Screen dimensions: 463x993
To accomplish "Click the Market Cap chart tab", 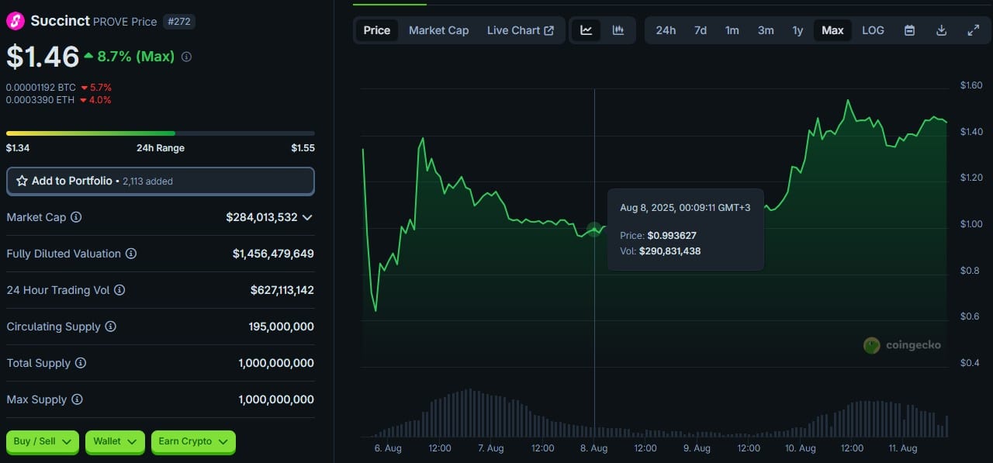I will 438,30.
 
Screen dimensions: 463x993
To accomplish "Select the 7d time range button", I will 700,30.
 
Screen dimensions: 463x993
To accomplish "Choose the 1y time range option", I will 798,30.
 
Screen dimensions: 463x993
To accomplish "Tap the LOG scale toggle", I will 873,30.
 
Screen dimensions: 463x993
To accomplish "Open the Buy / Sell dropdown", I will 43,441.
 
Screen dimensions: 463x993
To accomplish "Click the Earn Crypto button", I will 193,441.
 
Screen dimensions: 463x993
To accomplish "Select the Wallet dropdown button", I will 115,441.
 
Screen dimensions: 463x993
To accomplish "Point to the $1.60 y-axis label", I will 971,85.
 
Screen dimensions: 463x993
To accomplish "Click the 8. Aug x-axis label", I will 594,448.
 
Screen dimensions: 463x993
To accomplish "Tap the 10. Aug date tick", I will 801,448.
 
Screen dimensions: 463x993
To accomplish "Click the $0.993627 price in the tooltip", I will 672,235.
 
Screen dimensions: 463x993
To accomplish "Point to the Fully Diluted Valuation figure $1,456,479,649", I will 273,254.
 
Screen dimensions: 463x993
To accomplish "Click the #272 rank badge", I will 179,22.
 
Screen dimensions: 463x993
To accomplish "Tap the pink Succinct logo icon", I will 16,21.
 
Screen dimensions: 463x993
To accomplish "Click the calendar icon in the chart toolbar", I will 909,30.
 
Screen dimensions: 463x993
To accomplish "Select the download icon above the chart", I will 941,30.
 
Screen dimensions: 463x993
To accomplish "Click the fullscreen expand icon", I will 973,30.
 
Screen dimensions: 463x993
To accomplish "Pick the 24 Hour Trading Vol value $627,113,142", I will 282,290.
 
